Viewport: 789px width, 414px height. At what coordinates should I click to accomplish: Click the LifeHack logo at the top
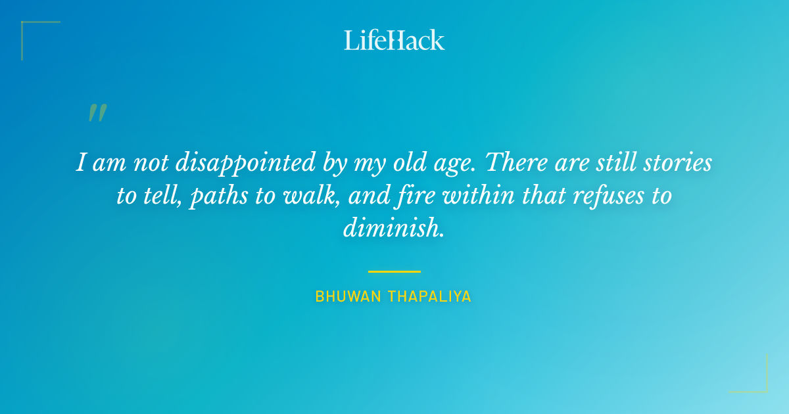point(394,40)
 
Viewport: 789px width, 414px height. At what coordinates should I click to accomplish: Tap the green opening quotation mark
point(97,113)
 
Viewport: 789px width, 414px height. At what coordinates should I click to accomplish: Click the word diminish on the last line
point(393,227)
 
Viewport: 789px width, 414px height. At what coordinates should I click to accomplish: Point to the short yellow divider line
point(394,271)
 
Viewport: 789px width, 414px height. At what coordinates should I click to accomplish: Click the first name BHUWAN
point(348,296)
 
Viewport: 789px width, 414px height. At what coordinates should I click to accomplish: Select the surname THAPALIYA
point(430,296)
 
